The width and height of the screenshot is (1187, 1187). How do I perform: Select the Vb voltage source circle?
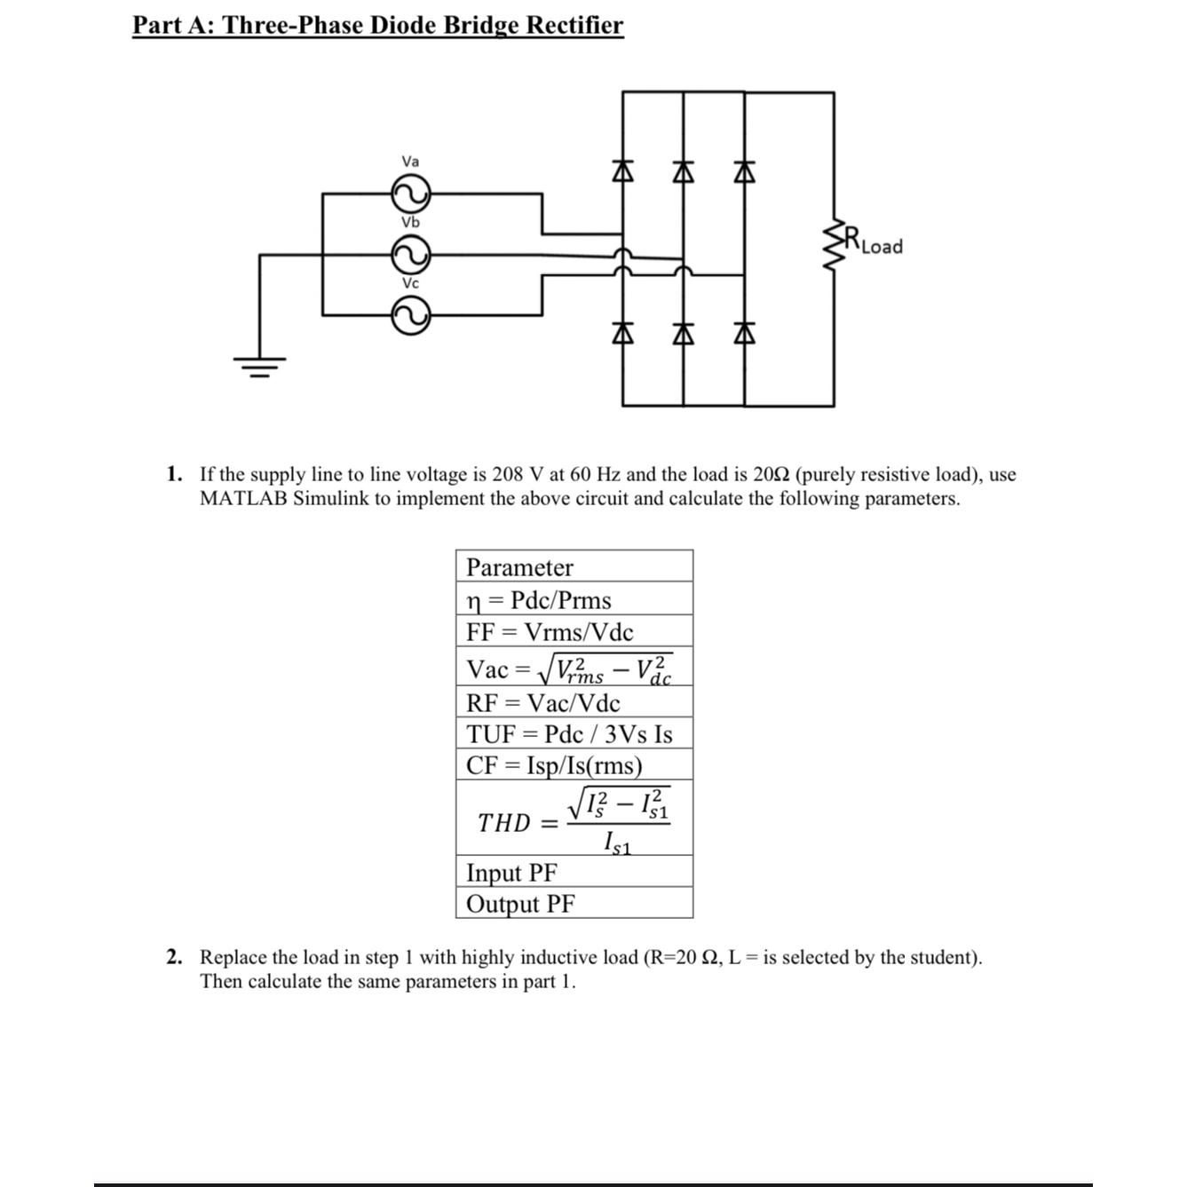[410, 255]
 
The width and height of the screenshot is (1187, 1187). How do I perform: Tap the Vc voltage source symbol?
[410, 315]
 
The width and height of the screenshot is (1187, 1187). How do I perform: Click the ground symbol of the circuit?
[259, 365]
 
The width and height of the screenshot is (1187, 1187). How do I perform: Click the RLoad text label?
[874, 242]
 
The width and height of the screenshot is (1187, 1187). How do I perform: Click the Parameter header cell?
[520, 567]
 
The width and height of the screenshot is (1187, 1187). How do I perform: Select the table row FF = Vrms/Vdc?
[550, 632]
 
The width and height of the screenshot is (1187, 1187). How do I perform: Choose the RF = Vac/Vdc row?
[543, 703]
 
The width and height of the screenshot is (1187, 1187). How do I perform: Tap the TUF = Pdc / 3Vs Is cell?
[570, 734]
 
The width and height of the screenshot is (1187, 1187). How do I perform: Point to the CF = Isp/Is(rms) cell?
[554, 765]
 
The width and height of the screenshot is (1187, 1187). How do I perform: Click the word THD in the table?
[503, 823]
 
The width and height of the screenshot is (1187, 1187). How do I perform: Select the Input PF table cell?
[512, 873]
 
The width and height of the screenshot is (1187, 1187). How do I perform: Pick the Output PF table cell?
[520, 904]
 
